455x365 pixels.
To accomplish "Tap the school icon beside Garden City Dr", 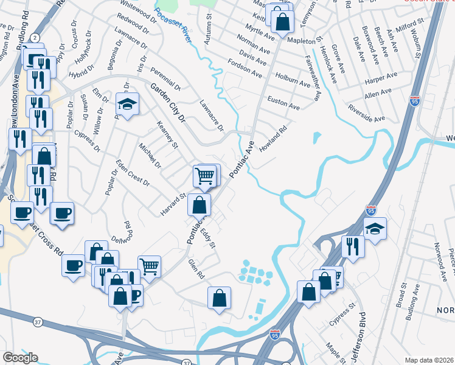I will [x=128, y=105].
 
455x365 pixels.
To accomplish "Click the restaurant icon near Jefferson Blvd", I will [x=353, y=245].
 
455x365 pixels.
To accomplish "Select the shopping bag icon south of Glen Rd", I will [x=219, y=297].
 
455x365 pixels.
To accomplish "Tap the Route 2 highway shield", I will [x=35, y=38].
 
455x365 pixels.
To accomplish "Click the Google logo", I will [x=20, y=358].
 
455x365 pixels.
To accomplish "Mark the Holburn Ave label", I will [x=293, y=81].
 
